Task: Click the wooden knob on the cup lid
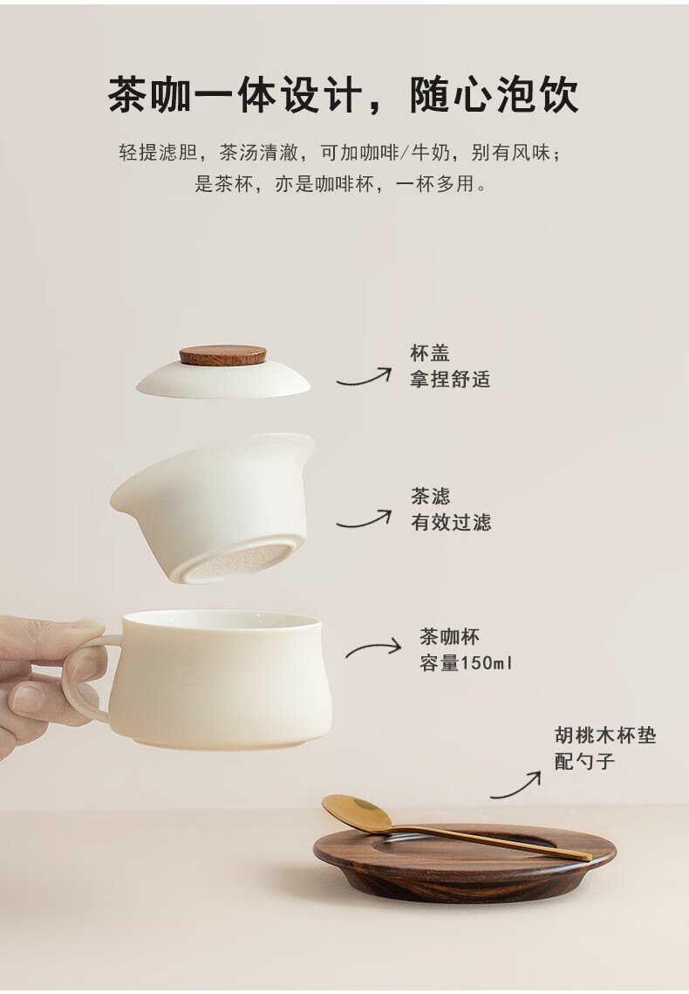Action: pos(223,356)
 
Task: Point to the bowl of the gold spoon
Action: pos(357,812)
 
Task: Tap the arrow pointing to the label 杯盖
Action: pos(364,378)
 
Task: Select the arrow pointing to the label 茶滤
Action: pos(364,520)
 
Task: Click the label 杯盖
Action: pos(430,353)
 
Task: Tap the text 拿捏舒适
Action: pos(450,379)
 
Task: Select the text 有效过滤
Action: pos(451,523)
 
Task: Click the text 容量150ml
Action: pos(466,663)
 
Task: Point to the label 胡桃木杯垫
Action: pos(605,736)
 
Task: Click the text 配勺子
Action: pos(585,761)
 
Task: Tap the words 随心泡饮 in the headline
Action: pos(494,95)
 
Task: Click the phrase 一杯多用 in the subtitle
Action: pos(433,184)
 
